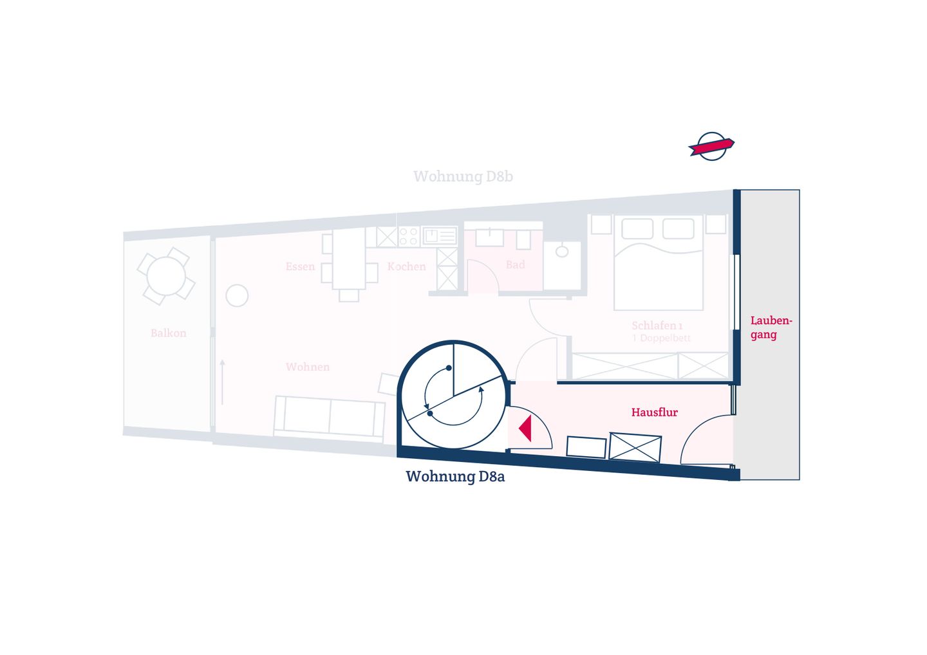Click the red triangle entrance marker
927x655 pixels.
click(x=526, y=429)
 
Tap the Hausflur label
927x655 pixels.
click(x=654, y=412)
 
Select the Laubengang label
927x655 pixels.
click(x=771, y=328)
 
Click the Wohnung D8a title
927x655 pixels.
click(x=455, y=476)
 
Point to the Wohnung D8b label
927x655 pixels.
click(x=463, y=176)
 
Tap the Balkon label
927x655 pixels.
click(x=169, y=333)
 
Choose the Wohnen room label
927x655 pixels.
click(x=308, y=367)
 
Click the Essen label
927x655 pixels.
click(x=300, y=266)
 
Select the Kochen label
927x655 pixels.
click(x=406, y=267)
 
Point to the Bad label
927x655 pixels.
click(x=515, y=264)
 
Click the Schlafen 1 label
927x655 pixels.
click(x=657, y=326)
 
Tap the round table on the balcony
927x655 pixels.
click(x=166, y=276)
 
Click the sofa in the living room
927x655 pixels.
click(x=330, y=417)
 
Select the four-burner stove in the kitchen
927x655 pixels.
click(x=409, y=237)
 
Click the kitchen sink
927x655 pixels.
click(x=440, y=236)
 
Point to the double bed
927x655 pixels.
click(x=659, y=262)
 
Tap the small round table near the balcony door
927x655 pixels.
click(x=237, y=296)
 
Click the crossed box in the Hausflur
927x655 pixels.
click(x=635, y=447)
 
